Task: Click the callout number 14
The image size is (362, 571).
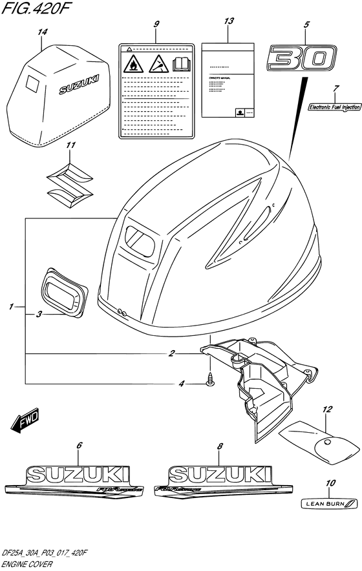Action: [43, 31]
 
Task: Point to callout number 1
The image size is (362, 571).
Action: [12, 307]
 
